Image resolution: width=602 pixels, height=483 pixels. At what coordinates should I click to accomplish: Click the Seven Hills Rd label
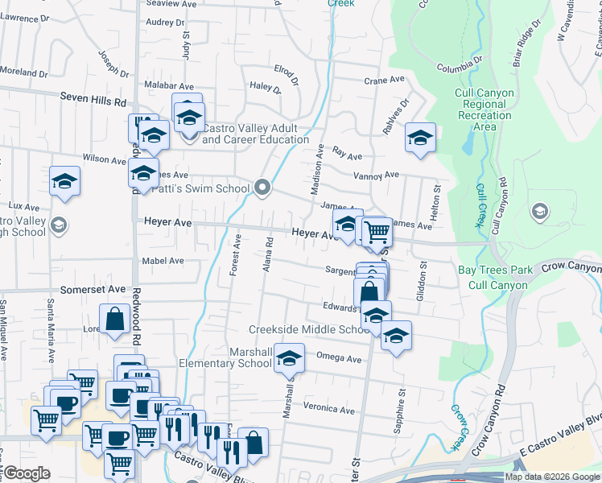coord(94,102)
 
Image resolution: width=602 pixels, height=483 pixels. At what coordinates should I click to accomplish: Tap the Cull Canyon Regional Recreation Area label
coord(484,109)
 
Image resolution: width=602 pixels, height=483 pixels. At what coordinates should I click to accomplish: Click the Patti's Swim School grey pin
coord(262,188)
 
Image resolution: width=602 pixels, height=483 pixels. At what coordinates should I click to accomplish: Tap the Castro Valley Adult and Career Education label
coord(249,134)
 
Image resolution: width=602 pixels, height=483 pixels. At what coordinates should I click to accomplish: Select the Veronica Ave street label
coord(329,409)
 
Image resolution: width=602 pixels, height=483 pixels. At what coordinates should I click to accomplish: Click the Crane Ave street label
coord(384,80)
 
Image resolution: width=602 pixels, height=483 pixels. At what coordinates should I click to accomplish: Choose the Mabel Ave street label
coord(163,261)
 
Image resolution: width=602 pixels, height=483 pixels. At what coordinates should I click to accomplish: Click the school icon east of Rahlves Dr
coord(420,138)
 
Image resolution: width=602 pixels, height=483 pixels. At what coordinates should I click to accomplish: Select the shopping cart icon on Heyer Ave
coord(377,232)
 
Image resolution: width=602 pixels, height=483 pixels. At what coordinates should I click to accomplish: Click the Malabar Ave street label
coord(169,86)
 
